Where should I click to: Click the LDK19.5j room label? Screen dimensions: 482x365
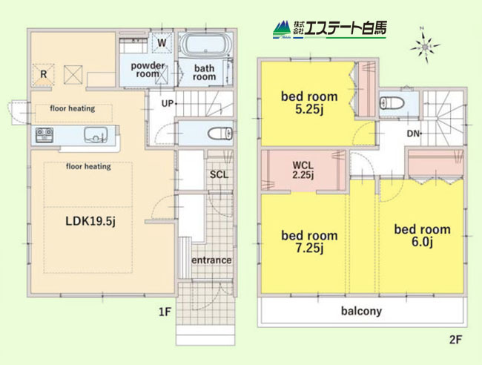(90, 221)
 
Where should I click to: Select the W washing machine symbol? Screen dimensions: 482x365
(162, 43)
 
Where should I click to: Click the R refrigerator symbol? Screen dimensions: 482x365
(43, 74)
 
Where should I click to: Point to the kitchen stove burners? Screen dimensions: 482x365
(44, 135)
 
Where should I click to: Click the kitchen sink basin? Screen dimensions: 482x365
(96, 135)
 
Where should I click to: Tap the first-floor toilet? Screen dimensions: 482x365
(220, 134)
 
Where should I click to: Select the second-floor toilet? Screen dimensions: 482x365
(392, 102)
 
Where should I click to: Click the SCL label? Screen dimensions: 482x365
(219, 174)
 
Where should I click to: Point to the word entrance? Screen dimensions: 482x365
(211, 260)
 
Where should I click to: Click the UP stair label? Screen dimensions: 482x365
(168, 104)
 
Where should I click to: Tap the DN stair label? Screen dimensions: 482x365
(413, 134)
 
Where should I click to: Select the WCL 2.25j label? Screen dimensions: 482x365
(303, 170)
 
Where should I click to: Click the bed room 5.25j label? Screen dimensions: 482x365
(309, 102)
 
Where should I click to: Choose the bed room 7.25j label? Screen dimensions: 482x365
(309, 242)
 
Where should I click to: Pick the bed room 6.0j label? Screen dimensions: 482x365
(423, 235)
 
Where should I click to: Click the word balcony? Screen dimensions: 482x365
(362, 311)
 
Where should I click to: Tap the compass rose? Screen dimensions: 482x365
(425, 47)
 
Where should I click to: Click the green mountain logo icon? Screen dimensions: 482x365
(282, 29)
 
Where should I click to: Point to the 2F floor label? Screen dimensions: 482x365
(455, 340)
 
